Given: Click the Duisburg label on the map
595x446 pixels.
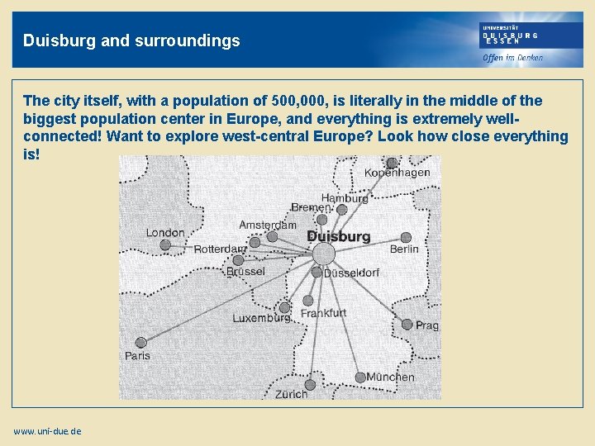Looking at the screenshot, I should pyautogui.click(x=338, y=236).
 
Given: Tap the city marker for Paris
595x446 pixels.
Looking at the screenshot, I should pyautogui.click(x=141, y=342).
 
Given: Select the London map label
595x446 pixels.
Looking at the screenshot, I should pyautogui.click(x=165, y=232).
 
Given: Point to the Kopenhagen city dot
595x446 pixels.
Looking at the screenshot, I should pyautogui.click(x=392, y=163).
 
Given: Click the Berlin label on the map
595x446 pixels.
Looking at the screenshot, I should pyautogui.click(x=404, y=249).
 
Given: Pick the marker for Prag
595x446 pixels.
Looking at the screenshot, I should pyautogui.click(x=407, y=325).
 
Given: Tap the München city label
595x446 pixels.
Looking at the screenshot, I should pyautogui.click(x=390, y=377).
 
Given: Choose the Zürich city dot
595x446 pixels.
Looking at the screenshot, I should pyautogui.click(x=310, y=384).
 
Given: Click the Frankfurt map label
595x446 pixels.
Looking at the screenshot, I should pyautogui.click(x=323, y=313).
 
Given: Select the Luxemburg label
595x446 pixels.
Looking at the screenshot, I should pyautogui.click(x=261, y=318).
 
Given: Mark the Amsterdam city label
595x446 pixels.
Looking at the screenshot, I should pyautogui.click(x=268, y=225).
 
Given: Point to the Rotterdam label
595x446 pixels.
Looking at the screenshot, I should pyautogui.click(x=219, y=249).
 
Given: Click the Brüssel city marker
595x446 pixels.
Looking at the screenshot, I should pyautogui.click(x=238, y=260).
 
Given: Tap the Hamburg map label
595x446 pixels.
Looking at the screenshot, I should pyautogui.click(x=345, y=198).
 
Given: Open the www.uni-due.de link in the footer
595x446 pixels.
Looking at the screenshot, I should pyautogui.click(x=47, y=431).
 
